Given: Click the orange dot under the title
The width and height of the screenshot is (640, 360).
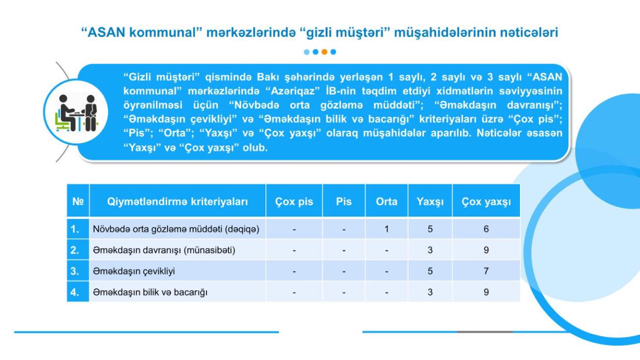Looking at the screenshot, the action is pyautogui.click(x=324, y=52).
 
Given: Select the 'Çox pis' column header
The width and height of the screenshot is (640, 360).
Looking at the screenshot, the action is pyautogui.click(x=294, y=201).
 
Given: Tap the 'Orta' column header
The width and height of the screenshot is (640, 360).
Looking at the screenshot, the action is pyautogui.click(x=386, y=201).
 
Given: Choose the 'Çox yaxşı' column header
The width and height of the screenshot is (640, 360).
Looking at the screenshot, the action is pyautogui.click(x=486, y=202).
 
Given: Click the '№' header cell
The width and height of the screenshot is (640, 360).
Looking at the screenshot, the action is pyautogui.click(x=78, y=201).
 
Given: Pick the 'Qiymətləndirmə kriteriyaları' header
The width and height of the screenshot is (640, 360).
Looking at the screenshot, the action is pyautogui.click(x=177, y=201).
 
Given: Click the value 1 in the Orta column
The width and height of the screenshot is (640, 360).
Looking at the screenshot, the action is pyautogui.click(x=386, y=229).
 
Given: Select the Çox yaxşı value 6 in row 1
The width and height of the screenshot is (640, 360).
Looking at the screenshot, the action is pyautogui.click(x=486, y=229).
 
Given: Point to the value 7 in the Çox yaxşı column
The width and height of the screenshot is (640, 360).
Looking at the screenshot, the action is pyautogui.click(x=486, y=271).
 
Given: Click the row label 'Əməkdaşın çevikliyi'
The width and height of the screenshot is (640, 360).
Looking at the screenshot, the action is pyautogui.click(x=133, y=271).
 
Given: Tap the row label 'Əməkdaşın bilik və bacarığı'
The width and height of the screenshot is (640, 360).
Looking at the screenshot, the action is pyautogui.click(x=150, y=293).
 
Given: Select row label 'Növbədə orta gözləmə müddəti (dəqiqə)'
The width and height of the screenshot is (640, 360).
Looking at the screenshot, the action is pyautogui.click(x=176, y=229).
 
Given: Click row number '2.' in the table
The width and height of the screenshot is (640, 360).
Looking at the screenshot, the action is pyautogui.click(x=75, y=250).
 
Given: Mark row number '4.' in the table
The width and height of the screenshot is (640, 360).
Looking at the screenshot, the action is pyautogui.click(x=75, y=292).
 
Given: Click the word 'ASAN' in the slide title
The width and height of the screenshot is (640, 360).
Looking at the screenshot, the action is pyautogui.click(x=106, y=32).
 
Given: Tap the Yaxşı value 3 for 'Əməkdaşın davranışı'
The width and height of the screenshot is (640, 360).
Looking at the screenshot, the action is pyautogui.click(x=430, y=250).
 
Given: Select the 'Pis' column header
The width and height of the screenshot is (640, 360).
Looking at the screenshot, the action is pyautogui.click(x=344, y=201).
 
